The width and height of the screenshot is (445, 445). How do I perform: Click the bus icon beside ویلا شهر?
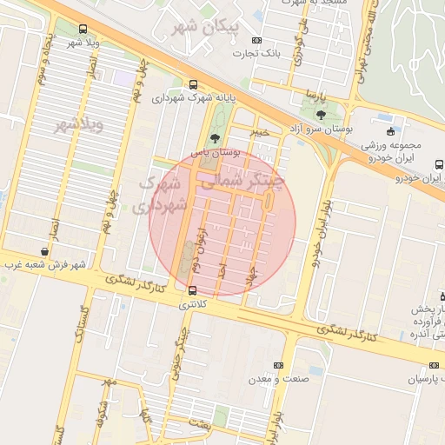coord(83,29)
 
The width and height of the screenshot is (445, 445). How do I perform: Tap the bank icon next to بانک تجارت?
coord(256,40)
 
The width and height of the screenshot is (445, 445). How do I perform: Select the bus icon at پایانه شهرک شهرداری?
coord(192,84)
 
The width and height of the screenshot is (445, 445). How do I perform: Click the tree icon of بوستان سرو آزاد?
coord(321,115)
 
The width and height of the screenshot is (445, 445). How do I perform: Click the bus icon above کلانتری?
coord(192,290)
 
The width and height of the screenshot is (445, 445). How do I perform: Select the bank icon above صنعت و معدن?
coord(278,365)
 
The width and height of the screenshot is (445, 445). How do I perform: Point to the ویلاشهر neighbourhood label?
coord(79,124)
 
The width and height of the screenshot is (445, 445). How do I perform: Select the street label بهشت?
coord(198,423)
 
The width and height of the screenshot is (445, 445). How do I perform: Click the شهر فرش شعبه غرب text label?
coord(44,263)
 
